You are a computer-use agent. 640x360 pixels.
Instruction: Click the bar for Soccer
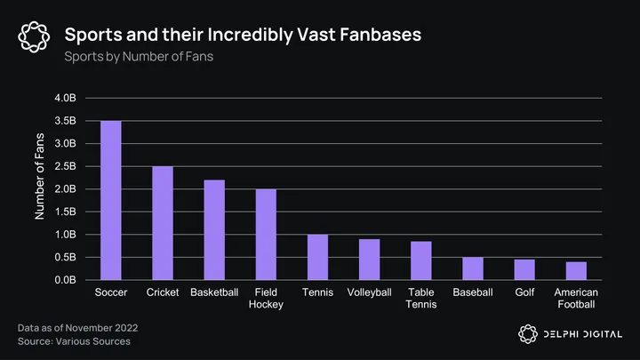pos(110,200)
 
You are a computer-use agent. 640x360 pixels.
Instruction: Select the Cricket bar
pos(162,223)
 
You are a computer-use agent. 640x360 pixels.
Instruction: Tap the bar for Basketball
pos(214,229)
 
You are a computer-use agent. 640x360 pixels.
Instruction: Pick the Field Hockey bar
pos(266,235)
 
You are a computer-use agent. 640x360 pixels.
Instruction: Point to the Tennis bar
pos(317,257)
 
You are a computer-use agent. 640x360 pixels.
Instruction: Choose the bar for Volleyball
pos(369,260)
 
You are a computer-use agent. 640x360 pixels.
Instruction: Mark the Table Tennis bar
pos(420,260)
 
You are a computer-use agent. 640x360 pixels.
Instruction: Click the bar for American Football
pos(576,271)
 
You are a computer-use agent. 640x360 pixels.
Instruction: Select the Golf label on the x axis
pos(524,292)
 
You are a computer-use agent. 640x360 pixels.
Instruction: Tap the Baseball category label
pos(473,292)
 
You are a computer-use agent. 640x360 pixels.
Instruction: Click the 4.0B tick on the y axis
pos(74,98)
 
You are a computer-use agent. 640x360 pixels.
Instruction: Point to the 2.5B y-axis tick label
pos(74,166)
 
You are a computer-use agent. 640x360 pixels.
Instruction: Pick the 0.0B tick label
pos(74,280)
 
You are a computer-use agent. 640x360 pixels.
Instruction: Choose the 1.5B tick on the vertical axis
pos(74,212)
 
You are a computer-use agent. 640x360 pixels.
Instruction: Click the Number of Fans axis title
pos(39,177)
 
